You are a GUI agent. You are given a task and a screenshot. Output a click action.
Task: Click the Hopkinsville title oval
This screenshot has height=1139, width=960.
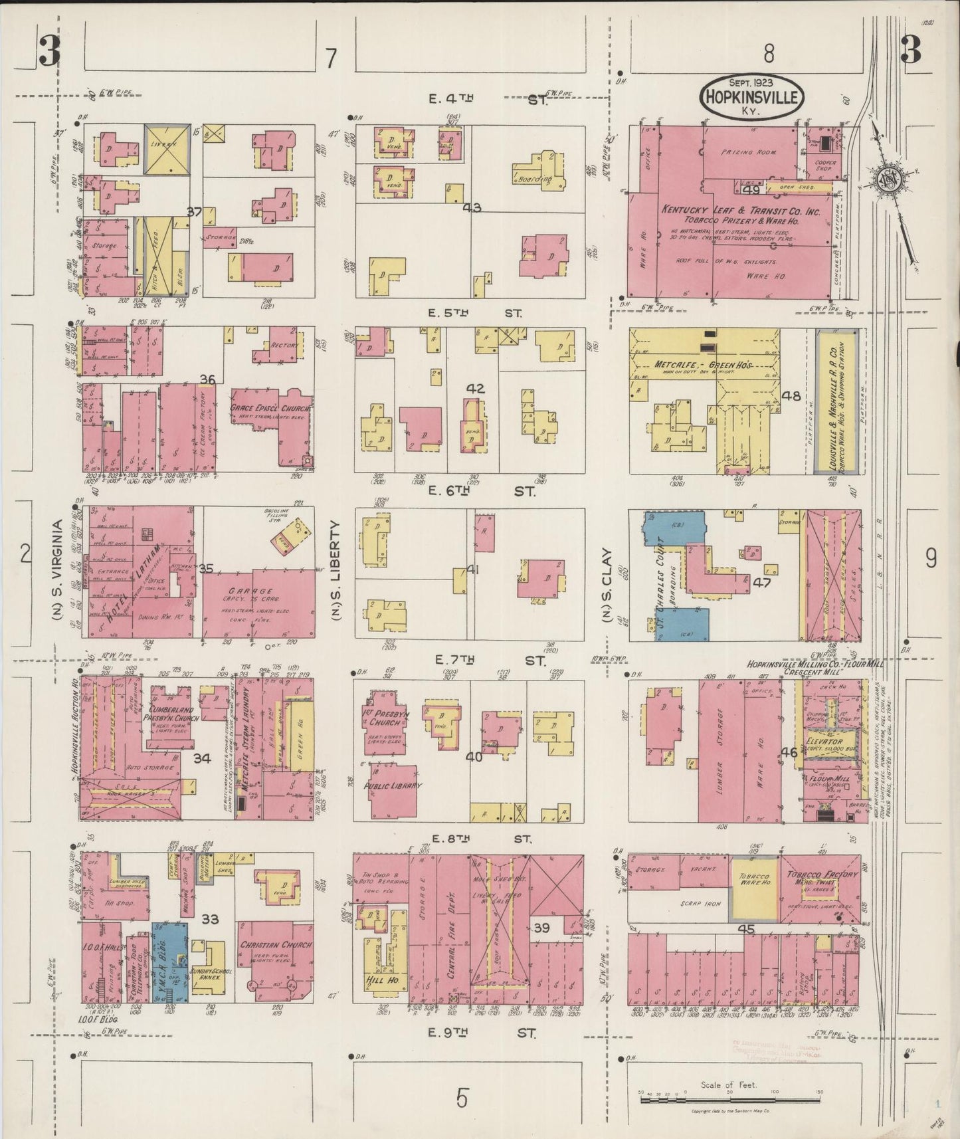point(751,97)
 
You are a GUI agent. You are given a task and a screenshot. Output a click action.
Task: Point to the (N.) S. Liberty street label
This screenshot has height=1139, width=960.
point(336,570)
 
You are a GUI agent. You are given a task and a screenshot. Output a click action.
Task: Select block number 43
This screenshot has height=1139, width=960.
point(472,208)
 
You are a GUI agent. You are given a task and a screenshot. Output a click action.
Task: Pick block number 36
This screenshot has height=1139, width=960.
point(207,380)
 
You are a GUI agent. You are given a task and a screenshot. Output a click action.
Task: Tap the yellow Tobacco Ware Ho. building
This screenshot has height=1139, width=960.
point(753,885)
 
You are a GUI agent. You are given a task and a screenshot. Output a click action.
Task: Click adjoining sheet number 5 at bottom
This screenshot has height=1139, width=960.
point(462,1098)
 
